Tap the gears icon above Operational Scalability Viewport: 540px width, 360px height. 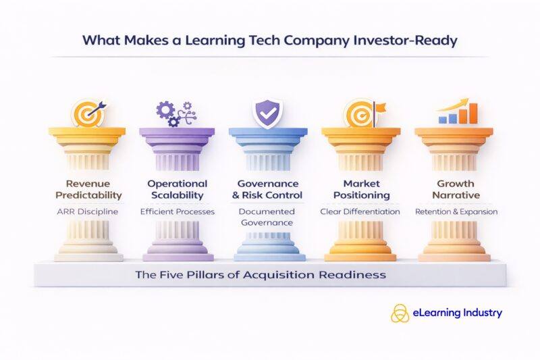pos(175,113)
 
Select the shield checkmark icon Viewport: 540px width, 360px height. pos(267,111)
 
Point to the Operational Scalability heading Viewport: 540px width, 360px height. pos(177,189)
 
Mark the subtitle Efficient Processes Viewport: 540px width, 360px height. pos(177,211)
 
